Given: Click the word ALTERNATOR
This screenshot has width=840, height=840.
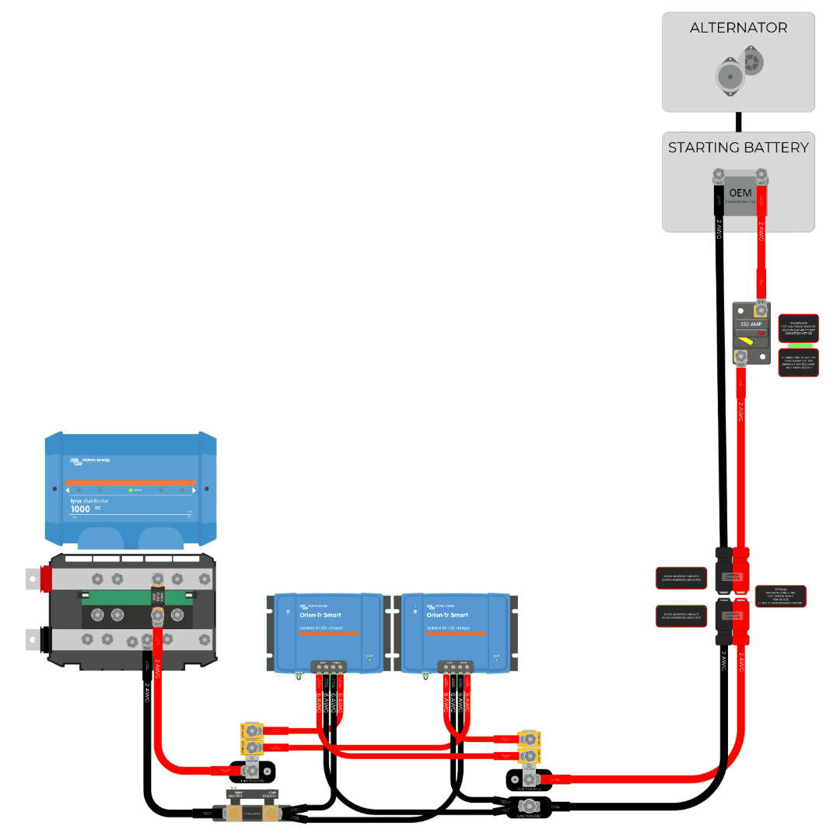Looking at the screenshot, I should point(738,28).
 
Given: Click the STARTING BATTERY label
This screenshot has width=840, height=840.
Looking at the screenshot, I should point(738,147).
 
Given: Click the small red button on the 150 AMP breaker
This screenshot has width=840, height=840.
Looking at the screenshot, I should point(762,332).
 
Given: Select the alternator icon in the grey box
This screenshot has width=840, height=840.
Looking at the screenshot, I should point(738,70).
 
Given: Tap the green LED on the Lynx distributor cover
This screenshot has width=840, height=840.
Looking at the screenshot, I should point(131,490).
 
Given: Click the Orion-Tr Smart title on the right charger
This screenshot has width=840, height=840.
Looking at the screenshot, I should point(445,614).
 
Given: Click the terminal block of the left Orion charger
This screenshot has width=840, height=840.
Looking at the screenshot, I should point(327,666).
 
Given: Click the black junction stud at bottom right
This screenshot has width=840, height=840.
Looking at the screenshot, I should point(529,807).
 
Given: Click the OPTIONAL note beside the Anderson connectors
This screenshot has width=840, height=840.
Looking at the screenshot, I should point(781,596).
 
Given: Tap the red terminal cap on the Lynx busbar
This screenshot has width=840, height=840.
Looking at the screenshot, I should point(46,578).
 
